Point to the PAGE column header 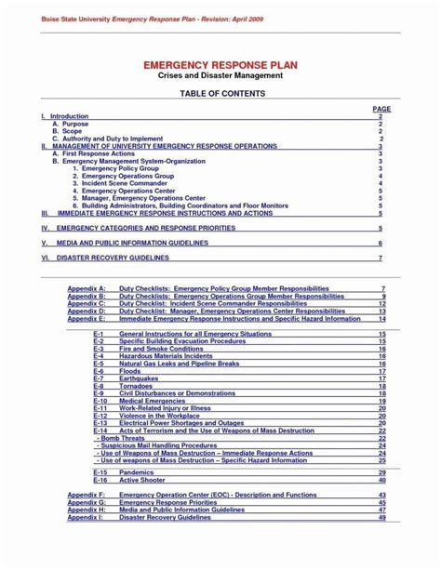point(381,109)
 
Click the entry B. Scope point(67,131)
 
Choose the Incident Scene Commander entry point(121,183)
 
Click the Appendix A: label point(87,290)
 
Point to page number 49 point(381,517)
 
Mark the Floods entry point(129,371)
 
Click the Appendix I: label point(86,517)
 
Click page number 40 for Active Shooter point(381,480)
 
